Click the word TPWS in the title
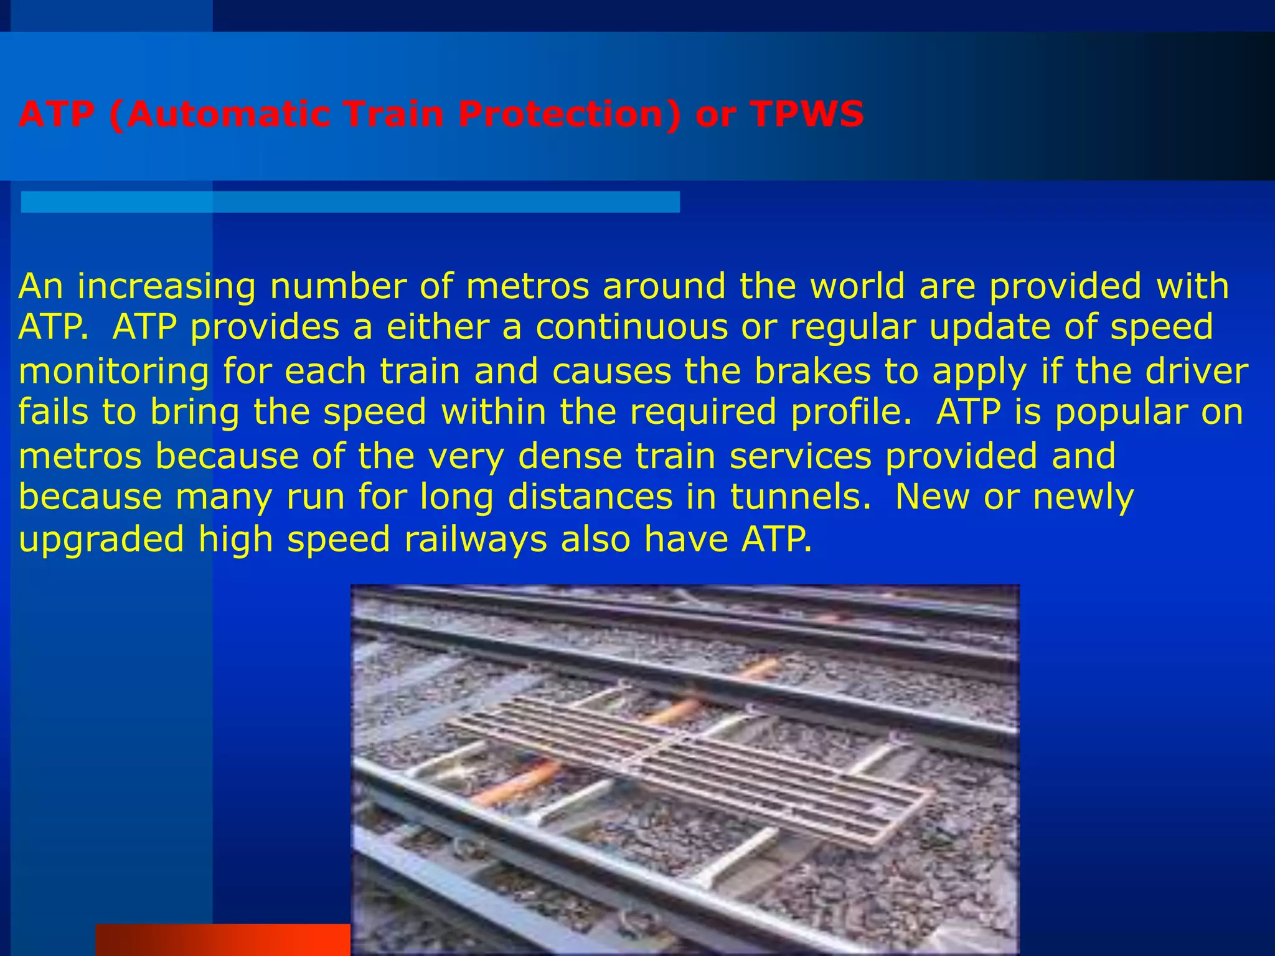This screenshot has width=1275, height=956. [x=807, y=115]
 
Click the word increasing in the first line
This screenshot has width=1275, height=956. [x=166, y=288]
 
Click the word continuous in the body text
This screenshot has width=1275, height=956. [x=631, y=327]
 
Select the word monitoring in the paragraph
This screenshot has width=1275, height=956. [x=114, y=372]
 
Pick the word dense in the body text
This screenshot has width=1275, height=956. [x=570, y=456]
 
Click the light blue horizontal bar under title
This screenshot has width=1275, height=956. [x=350, y=202]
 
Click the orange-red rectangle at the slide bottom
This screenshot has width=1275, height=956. [x=222, y=940]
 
